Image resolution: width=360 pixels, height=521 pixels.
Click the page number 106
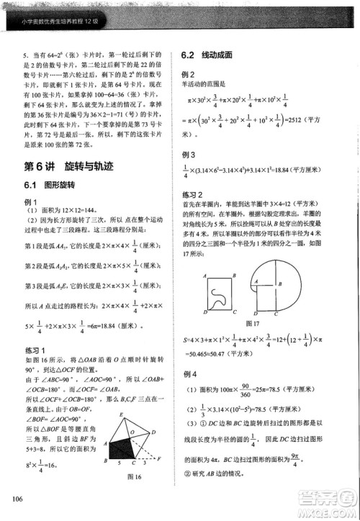14,500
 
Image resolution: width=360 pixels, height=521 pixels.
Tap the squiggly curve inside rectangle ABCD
220,294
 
